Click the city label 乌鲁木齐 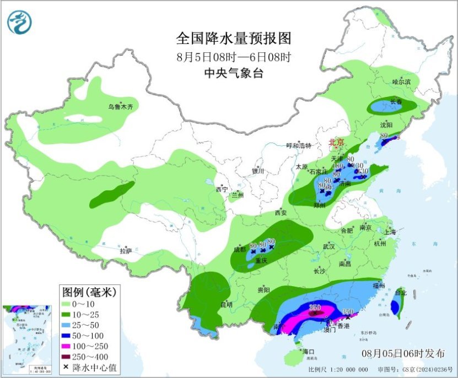120,107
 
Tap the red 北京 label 336,142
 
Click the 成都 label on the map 240,249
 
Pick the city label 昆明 227,304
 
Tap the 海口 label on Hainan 308,351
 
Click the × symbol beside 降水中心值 67,366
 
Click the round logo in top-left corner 20,22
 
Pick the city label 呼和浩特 299,146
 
